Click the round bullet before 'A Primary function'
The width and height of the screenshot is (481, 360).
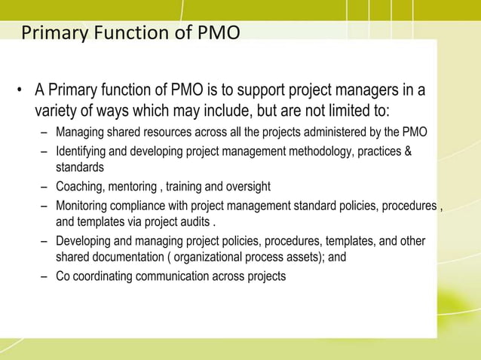pos(21,93)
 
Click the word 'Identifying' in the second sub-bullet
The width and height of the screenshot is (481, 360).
pos(83,153)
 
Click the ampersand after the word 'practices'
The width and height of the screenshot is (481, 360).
pos(408,153)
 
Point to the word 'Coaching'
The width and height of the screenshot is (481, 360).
pos(79,187)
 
